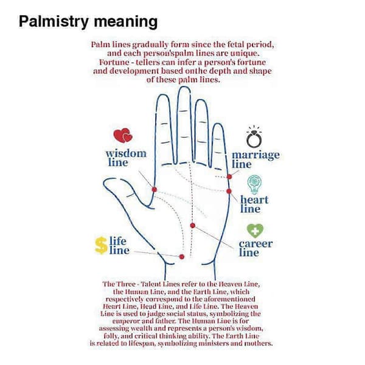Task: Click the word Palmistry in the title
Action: pyautogui.click(x=54, y=22)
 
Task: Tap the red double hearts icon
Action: pyautogui.click(x=123, y=136)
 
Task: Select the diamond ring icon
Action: pyautogui.click(x=254, y=137)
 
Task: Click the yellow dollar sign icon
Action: pyautogui.click(x=101, y=245)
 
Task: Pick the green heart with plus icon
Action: pyautogui.click(x=255, y=231)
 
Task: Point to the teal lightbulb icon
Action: pyautogui.click(x=254, y=184)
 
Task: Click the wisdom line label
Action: pyautogui.click(x=126, y=158)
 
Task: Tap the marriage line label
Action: pyautogui.click(x=255, y=159)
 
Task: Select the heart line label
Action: pyautogui.click(x=254, y=204)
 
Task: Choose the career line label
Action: pyautogui.click(x=255, y=248)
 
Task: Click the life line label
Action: pyautogui.click(x=119, y=246)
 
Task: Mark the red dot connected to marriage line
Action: pyautogui.click(x=229, y=177)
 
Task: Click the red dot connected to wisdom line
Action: pyautogui.click(x=154, y=189)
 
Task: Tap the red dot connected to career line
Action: pyautogui.click(x=192, y=225)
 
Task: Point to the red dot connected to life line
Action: pyautogui.click(x=182, y=257)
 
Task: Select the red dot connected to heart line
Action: pyautogui.click(x=229, y=192)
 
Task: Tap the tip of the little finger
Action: pyautogui.click(x=218, y=125)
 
